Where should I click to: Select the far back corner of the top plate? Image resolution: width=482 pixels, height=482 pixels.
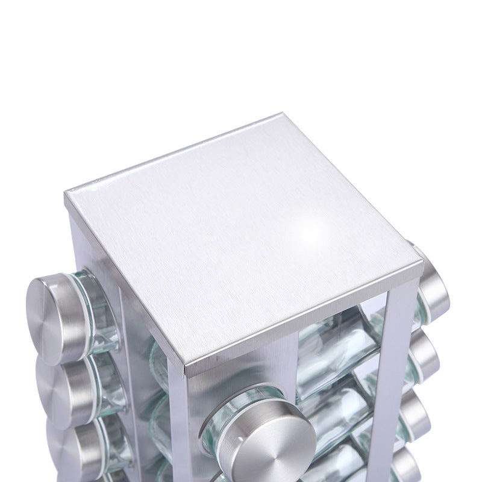point(282,114)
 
